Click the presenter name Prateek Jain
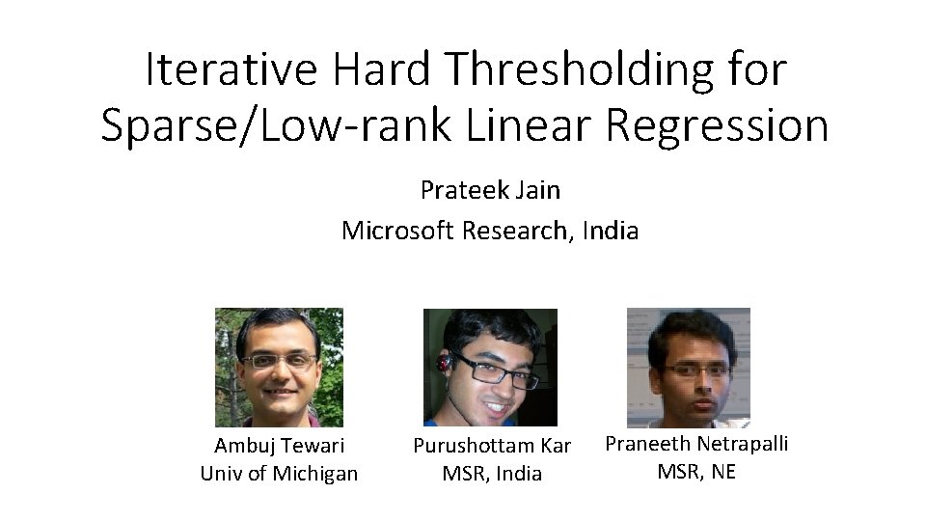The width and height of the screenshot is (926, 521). coord(490,190)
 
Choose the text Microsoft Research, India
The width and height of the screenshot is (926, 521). coord(490,231)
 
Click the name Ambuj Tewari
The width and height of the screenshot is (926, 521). coord(280,446)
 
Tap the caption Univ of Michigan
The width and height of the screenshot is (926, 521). coord(279,473)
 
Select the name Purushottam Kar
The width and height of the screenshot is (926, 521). coord(492,446)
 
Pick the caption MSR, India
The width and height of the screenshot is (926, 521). coord(492,473)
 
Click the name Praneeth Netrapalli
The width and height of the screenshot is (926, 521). coord(696,444)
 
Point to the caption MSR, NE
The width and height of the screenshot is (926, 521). coord(696,471)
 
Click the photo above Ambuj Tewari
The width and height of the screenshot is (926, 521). coord(279,367)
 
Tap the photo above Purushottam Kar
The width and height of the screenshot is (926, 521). coord(490,367)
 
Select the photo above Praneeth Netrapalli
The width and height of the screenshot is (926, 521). coord(688,367)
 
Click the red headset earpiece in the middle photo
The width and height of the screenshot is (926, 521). coord(444,364)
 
